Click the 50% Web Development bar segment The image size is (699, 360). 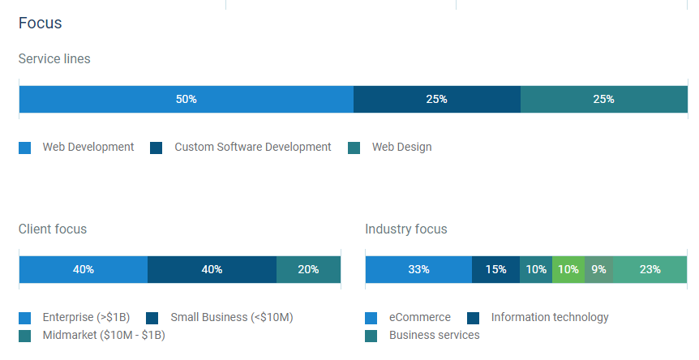point(187,99)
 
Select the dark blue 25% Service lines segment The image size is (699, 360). point(437,99)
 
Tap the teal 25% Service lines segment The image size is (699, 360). point(604,99)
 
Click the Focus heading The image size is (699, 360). point(40,24)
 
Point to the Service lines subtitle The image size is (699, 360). point(54,59)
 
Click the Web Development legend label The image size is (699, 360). point(88,147)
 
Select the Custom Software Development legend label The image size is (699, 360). point(253,147)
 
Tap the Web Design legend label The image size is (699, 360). point(401,147)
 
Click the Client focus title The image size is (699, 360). point(53,229)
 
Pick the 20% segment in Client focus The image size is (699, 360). point(308,269)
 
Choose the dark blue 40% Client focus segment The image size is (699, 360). point(212,269)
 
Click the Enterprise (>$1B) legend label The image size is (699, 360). point(86,317)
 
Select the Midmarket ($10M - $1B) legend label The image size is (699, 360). point(104,335)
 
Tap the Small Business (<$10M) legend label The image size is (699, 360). point(232,317)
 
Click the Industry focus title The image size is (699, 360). point(406,229)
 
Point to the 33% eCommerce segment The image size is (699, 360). point(418,269)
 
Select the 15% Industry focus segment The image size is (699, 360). point(495,269)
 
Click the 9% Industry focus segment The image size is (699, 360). point(598,269)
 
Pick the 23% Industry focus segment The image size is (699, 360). point(650,269)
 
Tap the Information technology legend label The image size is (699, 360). point(550,317)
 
